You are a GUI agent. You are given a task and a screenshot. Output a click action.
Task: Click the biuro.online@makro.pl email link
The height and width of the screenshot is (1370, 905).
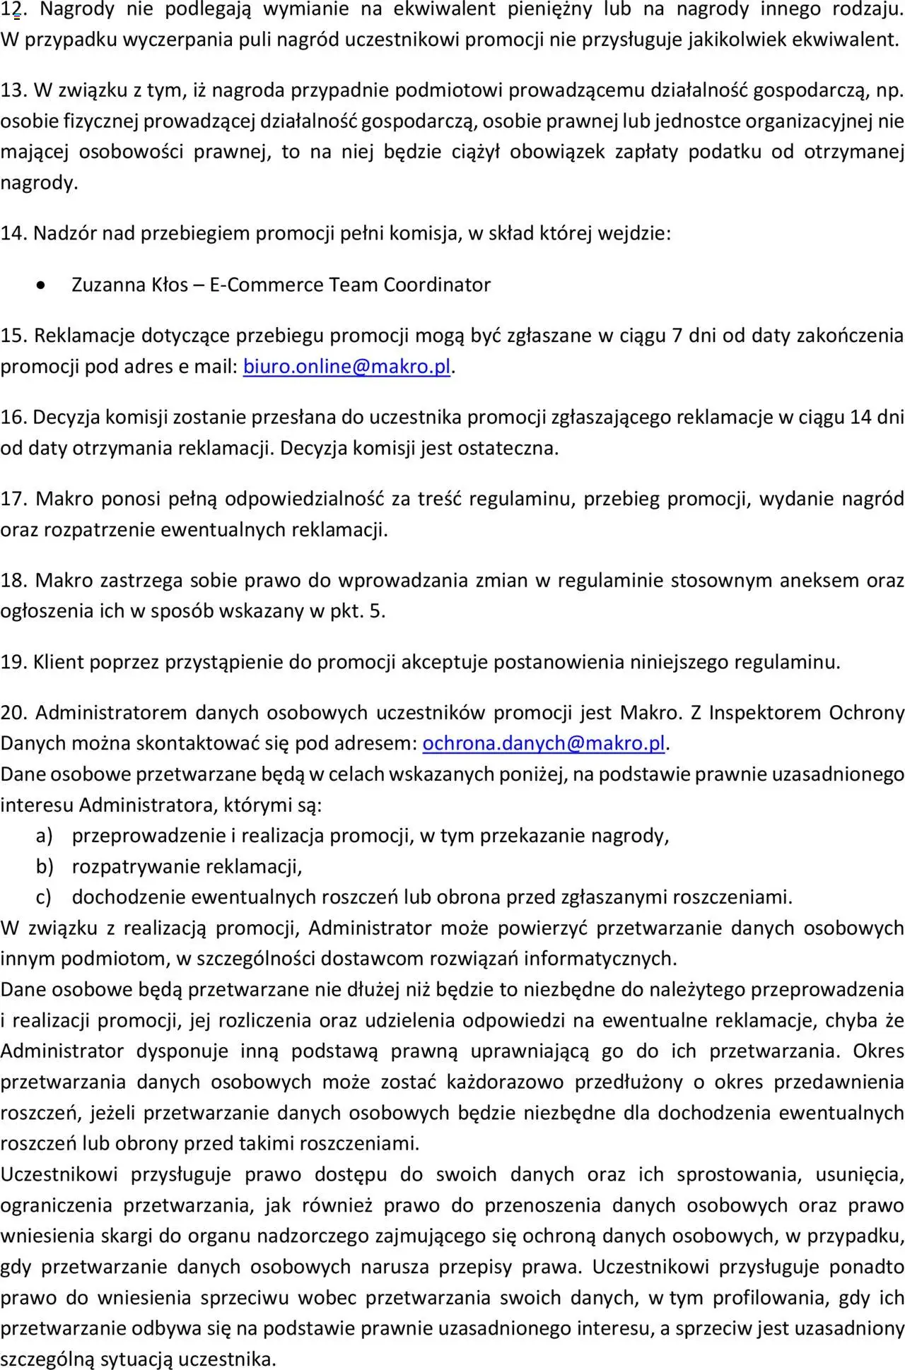coord(346,367)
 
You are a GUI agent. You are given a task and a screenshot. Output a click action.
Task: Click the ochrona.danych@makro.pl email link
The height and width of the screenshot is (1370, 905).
coord(544,743)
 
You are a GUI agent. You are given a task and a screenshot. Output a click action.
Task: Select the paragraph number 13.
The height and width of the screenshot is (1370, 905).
coord(13,90)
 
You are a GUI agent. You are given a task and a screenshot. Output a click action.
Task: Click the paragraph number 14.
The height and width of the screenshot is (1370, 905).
coord(13,233)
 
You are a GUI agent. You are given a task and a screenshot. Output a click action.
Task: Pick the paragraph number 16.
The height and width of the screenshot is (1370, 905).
coord(13,418)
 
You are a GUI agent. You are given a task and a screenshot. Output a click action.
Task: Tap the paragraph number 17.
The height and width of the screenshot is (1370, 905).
coord(13,499)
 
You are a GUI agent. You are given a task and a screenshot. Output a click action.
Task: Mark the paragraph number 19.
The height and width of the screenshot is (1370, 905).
coord(13,662)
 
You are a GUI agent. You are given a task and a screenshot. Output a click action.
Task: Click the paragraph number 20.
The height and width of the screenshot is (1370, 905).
coord(13,712)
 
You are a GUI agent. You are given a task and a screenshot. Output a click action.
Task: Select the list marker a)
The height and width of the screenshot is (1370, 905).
coord(45,836)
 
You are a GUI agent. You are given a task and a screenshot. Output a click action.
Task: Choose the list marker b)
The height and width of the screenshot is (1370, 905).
coord(45,866)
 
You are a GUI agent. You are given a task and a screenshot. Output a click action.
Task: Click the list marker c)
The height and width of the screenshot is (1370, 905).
coord(44,897)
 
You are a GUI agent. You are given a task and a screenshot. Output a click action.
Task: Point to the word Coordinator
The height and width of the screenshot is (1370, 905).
coord(437,285)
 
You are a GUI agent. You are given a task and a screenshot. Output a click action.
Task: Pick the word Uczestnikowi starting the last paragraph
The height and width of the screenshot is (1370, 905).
coord(59,1174)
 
